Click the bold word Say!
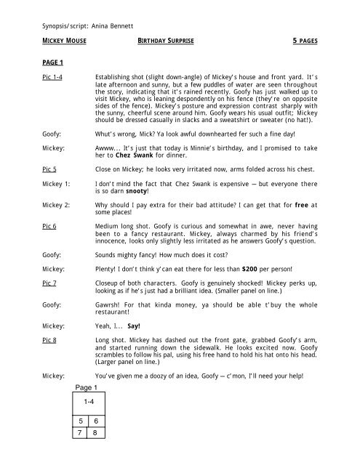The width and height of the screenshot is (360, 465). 134,336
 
